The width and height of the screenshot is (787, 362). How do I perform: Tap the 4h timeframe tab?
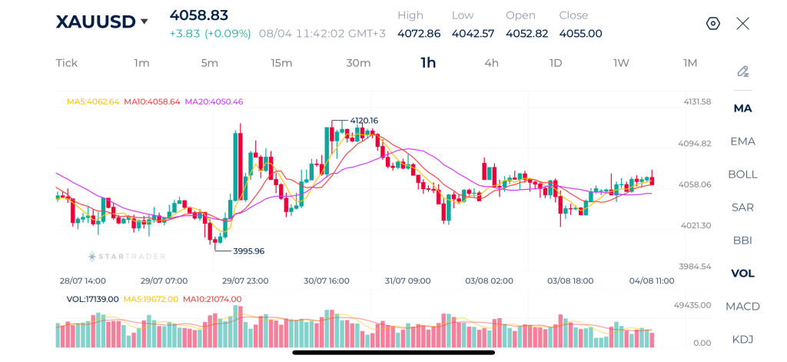click(x=491, y=63)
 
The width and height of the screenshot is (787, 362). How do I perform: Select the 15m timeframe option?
click(x=281, y=63)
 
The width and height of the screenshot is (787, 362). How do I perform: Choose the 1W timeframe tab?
click(x=621, y=63)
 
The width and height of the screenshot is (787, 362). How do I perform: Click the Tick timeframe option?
click(x=67, y=63)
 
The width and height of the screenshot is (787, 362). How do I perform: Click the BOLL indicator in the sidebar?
click(x=743, y=174)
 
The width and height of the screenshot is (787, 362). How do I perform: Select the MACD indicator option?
click(x=743, y=306)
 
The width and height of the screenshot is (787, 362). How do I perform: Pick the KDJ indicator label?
click(x=743, y=340)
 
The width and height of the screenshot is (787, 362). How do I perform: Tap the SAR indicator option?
click(x=743, y=208)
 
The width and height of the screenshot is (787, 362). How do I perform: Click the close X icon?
click(x=743, y=24)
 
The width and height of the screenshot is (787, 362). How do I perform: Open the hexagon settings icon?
click(x=713, y=24)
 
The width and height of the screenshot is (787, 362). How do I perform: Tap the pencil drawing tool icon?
click(x=743, y=71)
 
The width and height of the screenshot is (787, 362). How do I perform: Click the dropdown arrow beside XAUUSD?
click(x=144, y=22)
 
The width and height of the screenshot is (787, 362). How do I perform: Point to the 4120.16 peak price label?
click(x=364, y=121)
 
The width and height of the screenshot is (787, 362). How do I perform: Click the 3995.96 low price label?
click(x=248, y=251)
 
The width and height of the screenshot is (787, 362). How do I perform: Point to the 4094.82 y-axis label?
click(x=695, y=144)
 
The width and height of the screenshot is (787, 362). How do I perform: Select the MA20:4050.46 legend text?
click(x=214, y=101)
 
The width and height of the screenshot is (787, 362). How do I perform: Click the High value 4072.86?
click(x=419, y=34)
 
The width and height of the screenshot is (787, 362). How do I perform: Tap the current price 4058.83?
click(x=199, y=15)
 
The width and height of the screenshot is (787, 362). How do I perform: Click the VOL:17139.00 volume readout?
click(x=92, y=299)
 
